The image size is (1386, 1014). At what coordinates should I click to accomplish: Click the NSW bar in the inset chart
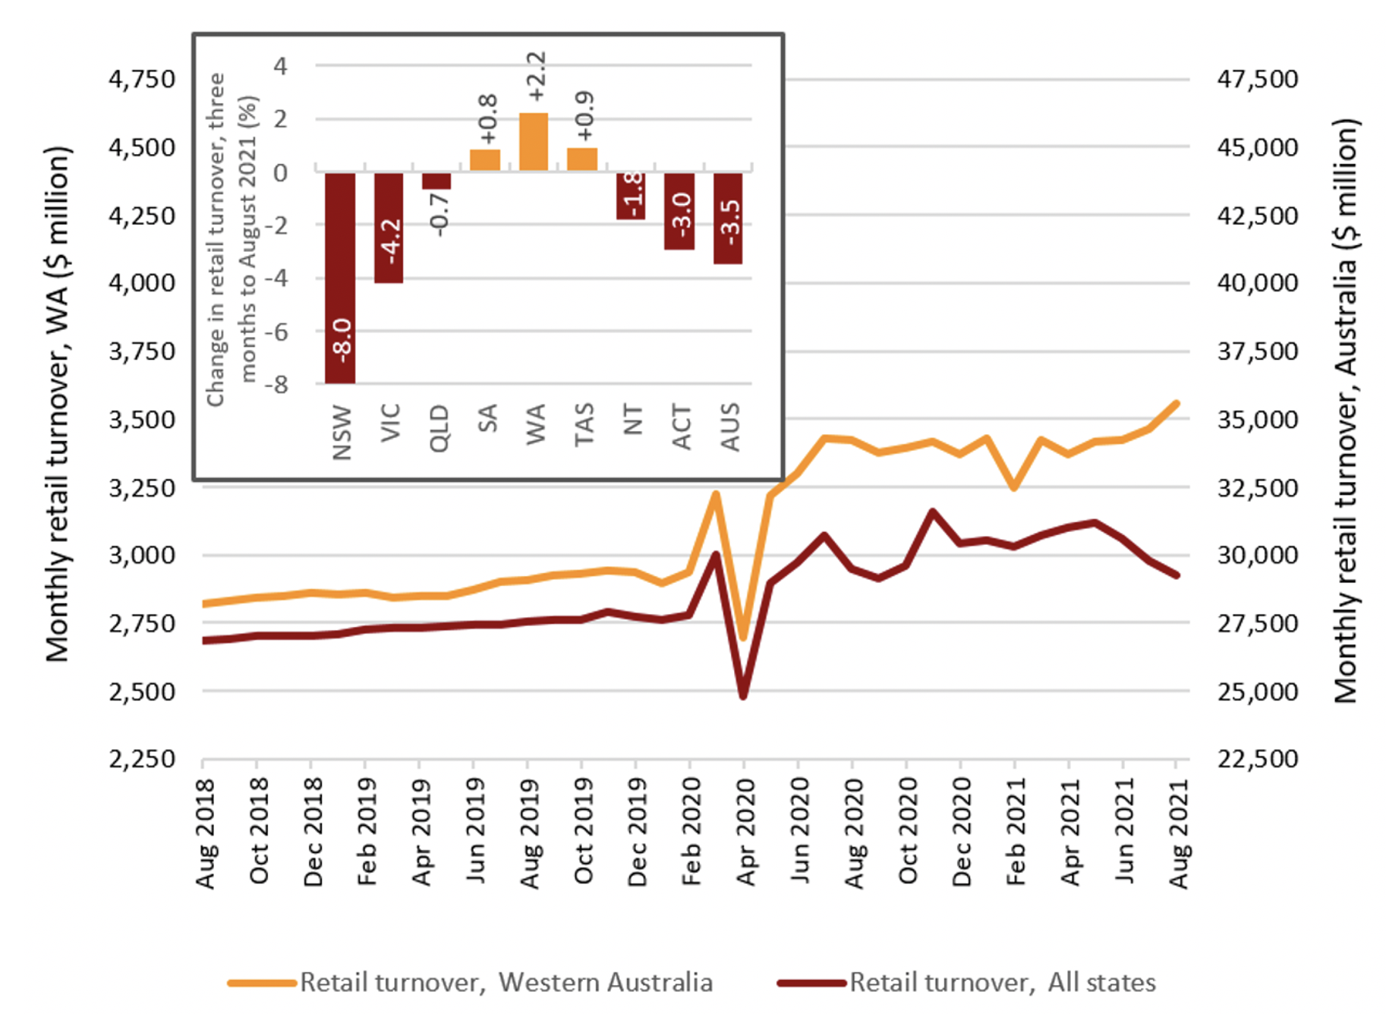coord(339,278)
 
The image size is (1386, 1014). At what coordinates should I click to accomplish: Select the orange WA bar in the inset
coord(534,142)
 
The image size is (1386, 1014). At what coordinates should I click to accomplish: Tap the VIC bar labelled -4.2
coord(389,228)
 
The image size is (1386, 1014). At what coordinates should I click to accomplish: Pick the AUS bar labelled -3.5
coord(728,219)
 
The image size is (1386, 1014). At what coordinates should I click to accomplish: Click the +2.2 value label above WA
coord(536,77)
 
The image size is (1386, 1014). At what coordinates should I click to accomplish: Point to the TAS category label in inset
coord(583,425)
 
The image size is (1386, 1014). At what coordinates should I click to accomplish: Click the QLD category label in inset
coord(439,428)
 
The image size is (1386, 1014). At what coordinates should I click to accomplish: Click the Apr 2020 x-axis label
coord(746,833)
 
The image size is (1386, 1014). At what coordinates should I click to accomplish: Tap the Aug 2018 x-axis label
coord(205,833)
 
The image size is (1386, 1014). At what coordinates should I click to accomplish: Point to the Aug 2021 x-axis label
coord(1178,833)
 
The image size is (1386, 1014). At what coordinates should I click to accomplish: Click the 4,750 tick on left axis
coord(142,79)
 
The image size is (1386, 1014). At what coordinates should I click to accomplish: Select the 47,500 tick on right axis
coord(1258,79)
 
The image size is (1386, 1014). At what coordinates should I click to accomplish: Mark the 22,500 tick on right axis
coord(1258,758)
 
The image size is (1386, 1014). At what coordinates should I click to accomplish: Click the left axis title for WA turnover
coord(58,404)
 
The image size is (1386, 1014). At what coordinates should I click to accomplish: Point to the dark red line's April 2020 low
coord(743,695)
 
